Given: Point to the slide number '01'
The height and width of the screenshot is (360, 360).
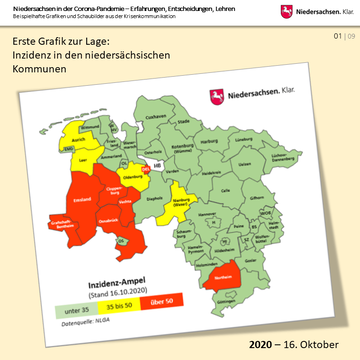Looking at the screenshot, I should coord(338,36).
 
